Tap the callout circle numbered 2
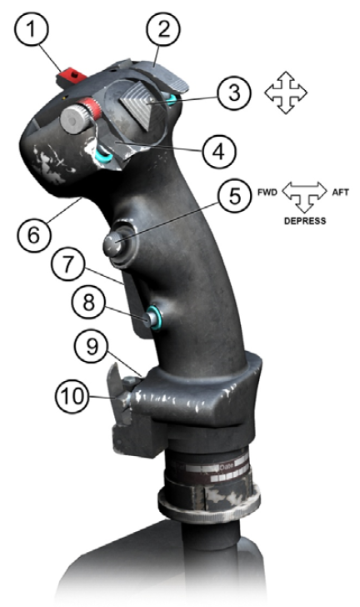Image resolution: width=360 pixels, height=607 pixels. click(x=163, y=30)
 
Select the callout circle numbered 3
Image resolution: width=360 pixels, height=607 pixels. click(x=234, y=93)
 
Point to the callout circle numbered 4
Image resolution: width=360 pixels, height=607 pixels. click(x=218, y=152)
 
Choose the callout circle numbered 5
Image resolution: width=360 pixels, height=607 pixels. click(x=234, y=195)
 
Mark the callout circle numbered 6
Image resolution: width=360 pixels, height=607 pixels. click(x=34, y=234)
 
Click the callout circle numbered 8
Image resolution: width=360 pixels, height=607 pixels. click(x=88, y=301)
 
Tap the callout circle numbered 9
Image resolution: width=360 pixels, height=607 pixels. click(x=92, y=346)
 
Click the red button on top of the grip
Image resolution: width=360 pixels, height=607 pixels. click(x=71, y=76)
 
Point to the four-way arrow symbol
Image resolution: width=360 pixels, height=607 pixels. click(x=286, y=93)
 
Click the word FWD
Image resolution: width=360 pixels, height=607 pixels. click(x=267, y=193)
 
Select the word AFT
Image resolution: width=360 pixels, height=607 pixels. click(x=340, y=192)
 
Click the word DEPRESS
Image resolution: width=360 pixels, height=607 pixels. click(x=305, y=221)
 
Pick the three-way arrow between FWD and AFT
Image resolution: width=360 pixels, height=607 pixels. click(x=305, y=196)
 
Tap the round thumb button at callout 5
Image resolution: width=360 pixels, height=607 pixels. click(x=114, y=244)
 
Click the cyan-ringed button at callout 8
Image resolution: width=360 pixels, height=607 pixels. click(x=153, y=318)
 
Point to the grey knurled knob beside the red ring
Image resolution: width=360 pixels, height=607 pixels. click(x=75, y=119)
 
